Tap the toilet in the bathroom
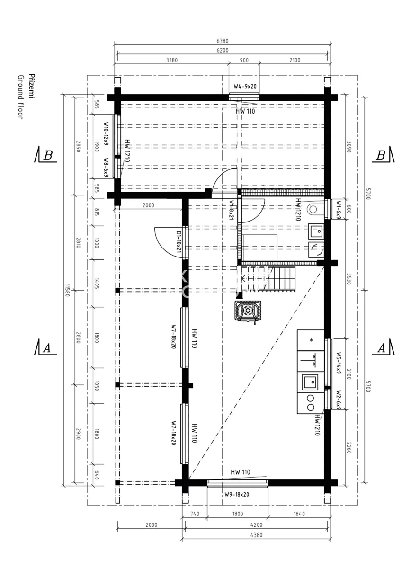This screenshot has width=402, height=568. [x=315, y=209]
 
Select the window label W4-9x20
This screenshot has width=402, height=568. [x=245, y=87]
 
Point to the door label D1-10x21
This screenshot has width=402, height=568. [x=179, y=242]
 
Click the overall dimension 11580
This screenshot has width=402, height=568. [x=67, y=291]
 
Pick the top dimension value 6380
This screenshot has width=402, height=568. [x=223, y=41]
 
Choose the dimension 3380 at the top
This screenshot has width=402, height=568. [x=172, y=61]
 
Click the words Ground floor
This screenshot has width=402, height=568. [x=21, y=97]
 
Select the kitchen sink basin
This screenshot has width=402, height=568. [x=309, y=382]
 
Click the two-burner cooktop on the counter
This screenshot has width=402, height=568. [x=311, y=403]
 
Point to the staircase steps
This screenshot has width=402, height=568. [x=268, y=278]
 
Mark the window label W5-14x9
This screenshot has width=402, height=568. [x=339, y=363]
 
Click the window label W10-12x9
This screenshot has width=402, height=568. [x=106, y=133]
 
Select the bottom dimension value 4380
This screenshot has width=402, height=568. [x=256, y=535]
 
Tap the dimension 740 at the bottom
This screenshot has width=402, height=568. [x=195, y=514]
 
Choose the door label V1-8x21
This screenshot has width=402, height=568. [x=232, y=210]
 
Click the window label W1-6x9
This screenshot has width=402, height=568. [x=339, y=210]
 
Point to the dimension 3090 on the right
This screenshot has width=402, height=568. [x=348, y=147]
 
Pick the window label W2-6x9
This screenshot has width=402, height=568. [x=339, y=399]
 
